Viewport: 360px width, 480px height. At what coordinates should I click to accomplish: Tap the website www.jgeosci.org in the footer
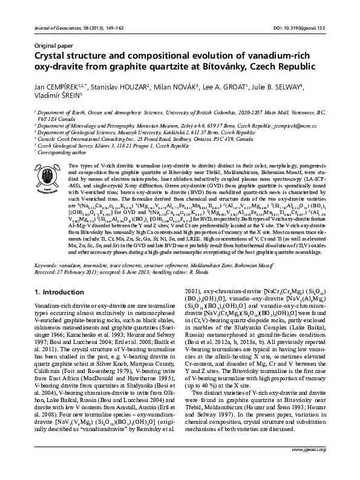(x=309, y=467)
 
